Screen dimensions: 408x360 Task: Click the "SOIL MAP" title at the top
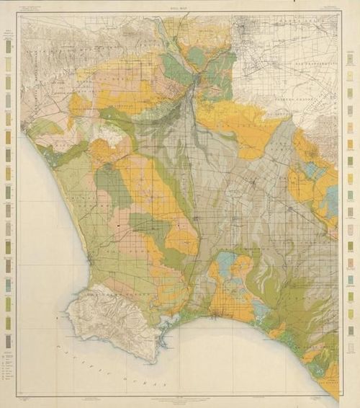coord(180,9)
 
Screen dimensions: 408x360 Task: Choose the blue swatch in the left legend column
coord(9,285)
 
